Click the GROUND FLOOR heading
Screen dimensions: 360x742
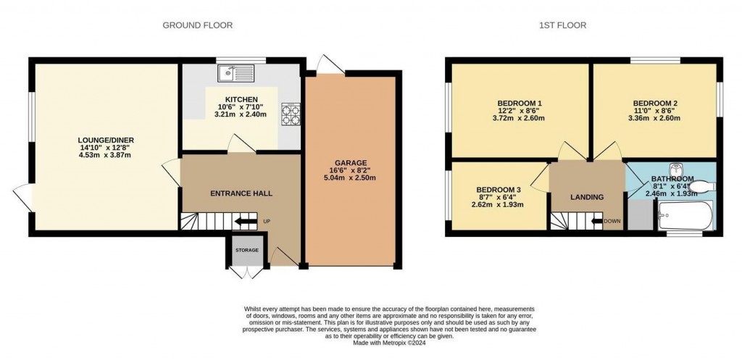point(197,25)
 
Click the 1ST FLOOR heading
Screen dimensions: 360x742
point(562,25)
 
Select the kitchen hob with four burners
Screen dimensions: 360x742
point(291,113)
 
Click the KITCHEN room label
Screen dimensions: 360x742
point(241,99)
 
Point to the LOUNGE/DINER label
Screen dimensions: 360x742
point(107,140)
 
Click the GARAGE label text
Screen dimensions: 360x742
point(351,162)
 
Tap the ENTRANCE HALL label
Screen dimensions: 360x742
point(241,193)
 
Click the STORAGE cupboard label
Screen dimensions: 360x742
point(246,250)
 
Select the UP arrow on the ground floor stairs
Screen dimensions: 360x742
point(247,222)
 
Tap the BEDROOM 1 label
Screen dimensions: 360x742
point(520,102)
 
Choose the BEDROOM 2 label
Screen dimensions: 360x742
point(655,102)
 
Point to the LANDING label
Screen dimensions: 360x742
point(586,197)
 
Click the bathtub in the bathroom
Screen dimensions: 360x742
point(685,215)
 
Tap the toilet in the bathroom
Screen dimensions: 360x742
point(701,187)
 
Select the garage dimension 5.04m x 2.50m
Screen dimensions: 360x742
point(351,178)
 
